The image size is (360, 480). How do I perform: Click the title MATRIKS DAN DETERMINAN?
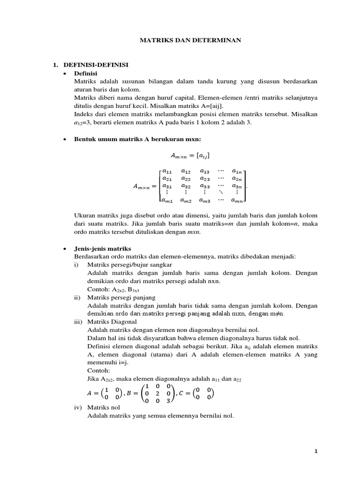[x=191, y=40]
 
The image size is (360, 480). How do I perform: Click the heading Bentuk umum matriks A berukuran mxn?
[x=138, y=139]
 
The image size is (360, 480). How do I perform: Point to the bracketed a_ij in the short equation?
[x=194, y=155]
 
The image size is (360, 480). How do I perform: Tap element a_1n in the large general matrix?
[x=237, y=172]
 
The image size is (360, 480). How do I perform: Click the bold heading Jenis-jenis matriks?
[x=103, y=248]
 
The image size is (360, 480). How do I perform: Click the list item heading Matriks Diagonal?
[x=112, y=322]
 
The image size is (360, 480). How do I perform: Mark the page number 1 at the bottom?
[x=316, y=451]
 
